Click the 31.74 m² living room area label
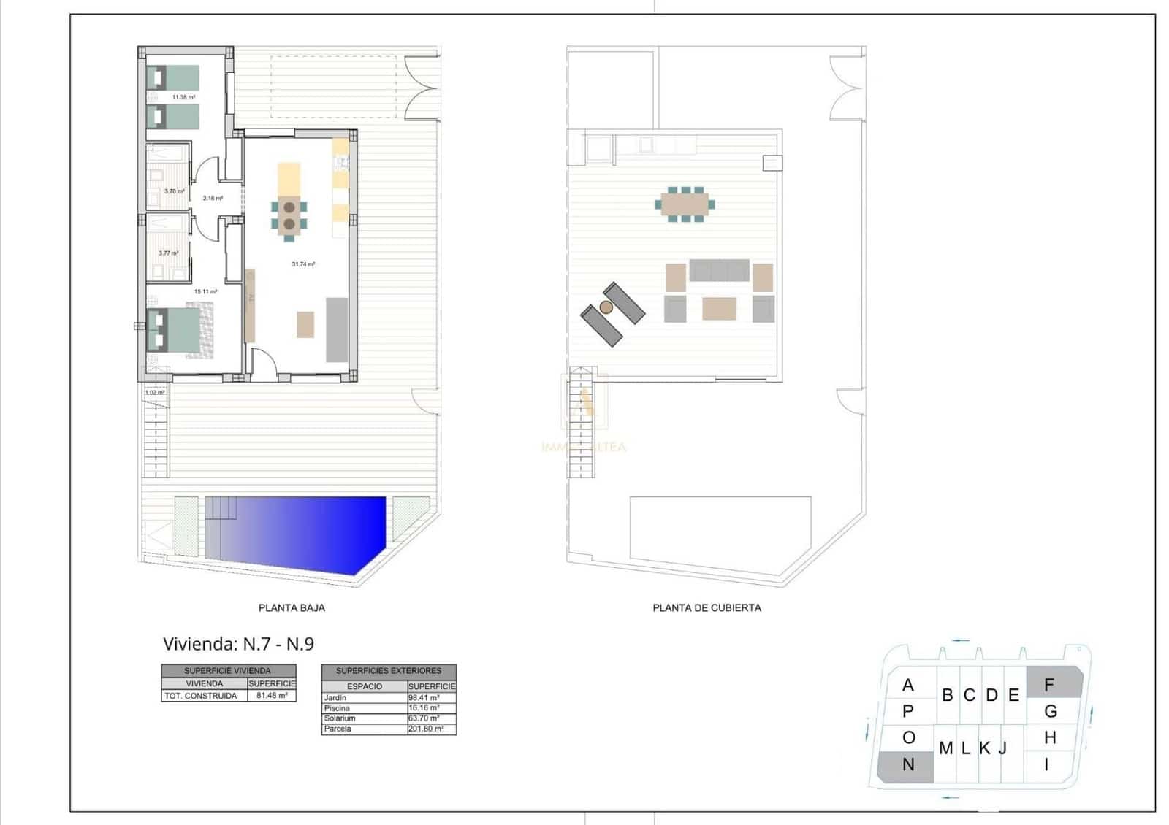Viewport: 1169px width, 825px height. tap(303, 264)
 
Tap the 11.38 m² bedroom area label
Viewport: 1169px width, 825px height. tap(183, 97)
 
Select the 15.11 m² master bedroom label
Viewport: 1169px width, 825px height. tap(205, 291)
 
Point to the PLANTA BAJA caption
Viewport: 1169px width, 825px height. tap(292, 607)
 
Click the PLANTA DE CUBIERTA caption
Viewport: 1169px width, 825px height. tap(707, 607)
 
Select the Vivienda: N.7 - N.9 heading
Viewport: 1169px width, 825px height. tap(238, 644)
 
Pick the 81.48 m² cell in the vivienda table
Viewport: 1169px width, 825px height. tap(272, 696)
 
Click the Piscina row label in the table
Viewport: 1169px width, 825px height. tap(338, 708)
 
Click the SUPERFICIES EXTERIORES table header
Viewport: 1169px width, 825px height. tap(389, 670)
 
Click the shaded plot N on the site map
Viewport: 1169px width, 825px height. tap(906, 766)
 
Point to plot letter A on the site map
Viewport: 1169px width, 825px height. tap(908, 685)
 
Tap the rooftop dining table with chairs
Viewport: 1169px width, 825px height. tap(685, 204)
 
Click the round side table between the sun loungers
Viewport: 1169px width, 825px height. tap(606, 307)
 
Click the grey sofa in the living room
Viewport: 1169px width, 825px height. tap(337, 329)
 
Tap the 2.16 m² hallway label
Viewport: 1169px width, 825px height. tap(213, 198)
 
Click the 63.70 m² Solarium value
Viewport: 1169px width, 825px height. tap(424, 718)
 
